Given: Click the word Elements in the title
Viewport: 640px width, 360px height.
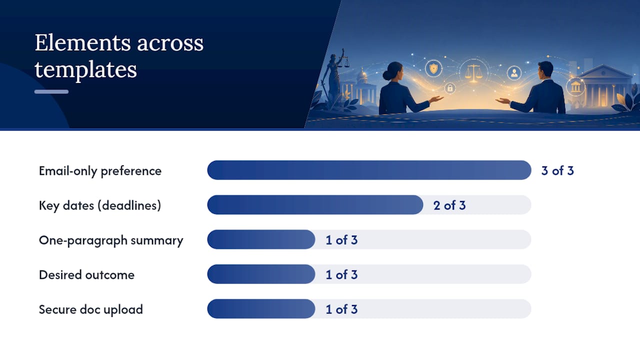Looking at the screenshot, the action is click(83, 43).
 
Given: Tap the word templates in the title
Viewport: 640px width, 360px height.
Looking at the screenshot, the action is click(85, 69).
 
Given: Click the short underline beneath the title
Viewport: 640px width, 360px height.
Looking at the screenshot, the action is click(51, 91).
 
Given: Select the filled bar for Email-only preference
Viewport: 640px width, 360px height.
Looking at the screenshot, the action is click(369, 170).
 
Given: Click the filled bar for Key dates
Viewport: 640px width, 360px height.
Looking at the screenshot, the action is click(315, 205).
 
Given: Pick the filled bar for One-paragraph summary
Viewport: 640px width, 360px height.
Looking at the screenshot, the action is click(261, 239).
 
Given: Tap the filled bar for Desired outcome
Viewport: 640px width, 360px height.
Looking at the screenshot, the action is click(261, 274).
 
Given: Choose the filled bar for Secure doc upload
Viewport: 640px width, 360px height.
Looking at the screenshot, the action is click(261, 309).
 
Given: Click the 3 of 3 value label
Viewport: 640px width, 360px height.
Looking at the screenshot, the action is click(557, 170).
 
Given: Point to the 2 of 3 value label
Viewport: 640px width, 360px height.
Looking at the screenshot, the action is click(449, 205).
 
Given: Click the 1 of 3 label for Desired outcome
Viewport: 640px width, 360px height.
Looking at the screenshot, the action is click(341, 275).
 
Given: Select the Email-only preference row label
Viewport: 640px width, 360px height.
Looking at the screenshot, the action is click(100, 171).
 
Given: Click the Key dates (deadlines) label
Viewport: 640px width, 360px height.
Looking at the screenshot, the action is click(100, 205).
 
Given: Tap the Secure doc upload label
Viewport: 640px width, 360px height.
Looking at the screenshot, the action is click(91, 309).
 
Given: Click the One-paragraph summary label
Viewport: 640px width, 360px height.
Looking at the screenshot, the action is click(111, 240).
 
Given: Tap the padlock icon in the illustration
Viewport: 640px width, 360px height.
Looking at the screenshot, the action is click(450, 88).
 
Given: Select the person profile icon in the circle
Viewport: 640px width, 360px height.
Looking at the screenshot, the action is click(514, 73).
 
